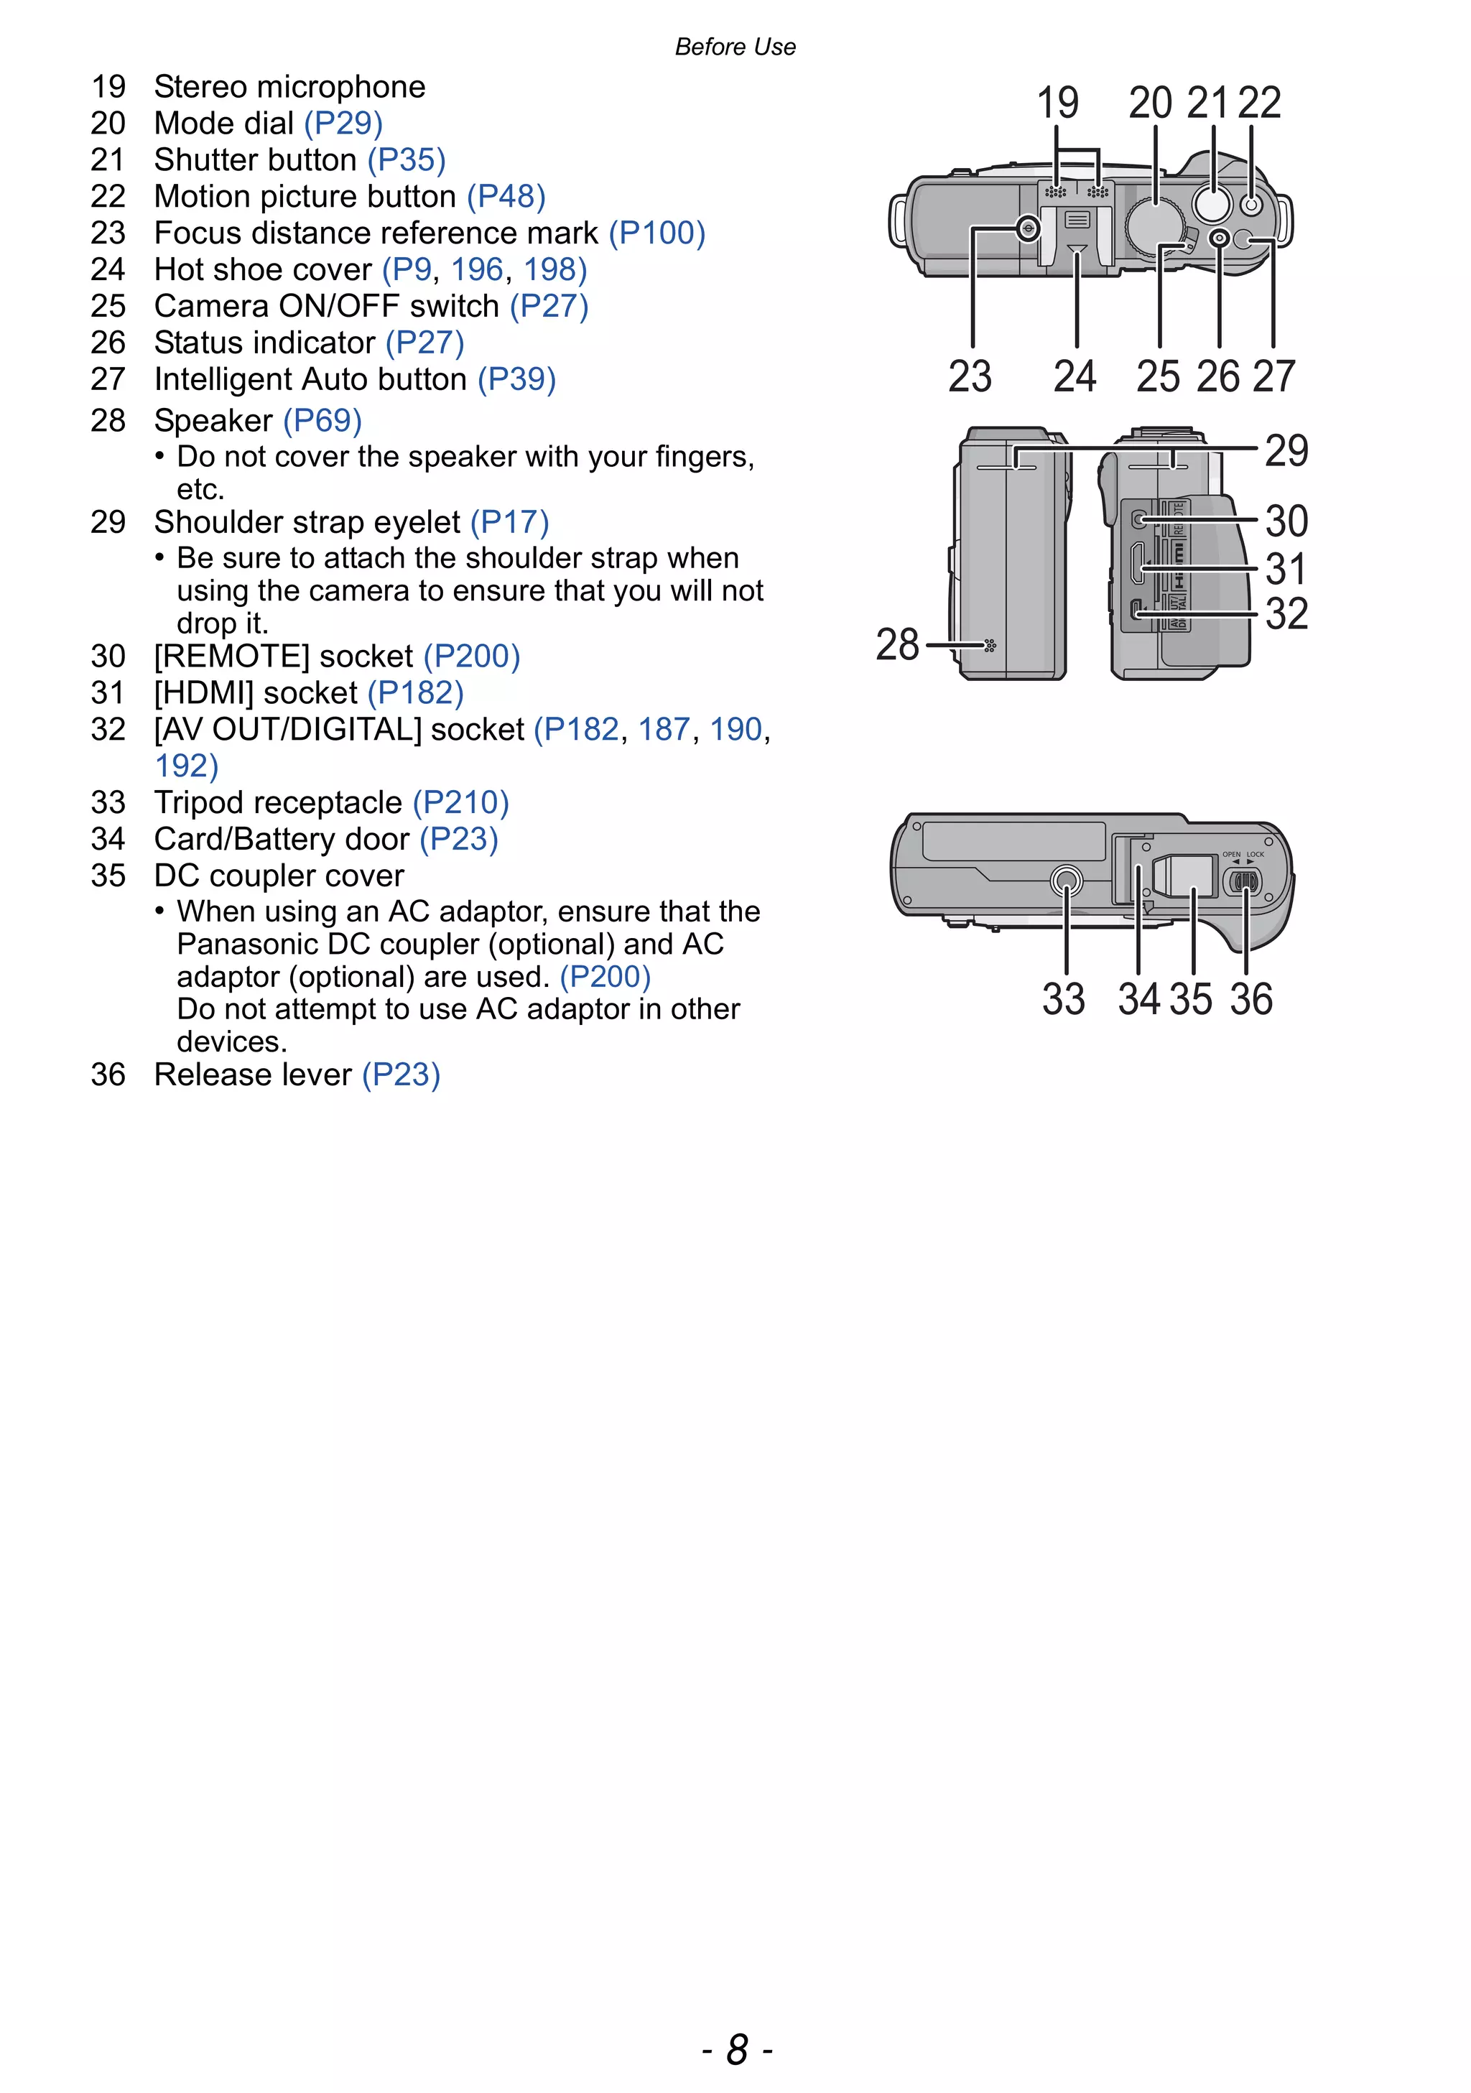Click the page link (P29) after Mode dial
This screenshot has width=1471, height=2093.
pos(343,123)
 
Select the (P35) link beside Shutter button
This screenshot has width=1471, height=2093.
pos(407,159)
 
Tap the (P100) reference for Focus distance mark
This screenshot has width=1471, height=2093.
pos(657,233)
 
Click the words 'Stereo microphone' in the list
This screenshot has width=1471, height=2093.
pos(290,87)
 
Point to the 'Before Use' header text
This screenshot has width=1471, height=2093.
pos(735,47)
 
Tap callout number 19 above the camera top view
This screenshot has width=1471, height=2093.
pos(1057,102)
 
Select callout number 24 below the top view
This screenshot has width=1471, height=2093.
pos(1075,376)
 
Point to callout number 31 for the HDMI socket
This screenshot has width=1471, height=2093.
pos(1286,569)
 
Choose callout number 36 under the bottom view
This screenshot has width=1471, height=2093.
pos(1250,999)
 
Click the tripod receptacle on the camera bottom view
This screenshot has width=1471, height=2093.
pos(1067,881)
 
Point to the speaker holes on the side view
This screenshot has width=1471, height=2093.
pos(990,646)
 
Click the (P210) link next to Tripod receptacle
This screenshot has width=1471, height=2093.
pos(460,802)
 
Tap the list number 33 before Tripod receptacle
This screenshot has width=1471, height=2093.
pos(108,802)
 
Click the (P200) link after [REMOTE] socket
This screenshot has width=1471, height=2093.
pos(471,656)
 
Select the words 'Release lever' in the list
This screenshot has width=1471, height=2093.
pos(252,1075)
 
